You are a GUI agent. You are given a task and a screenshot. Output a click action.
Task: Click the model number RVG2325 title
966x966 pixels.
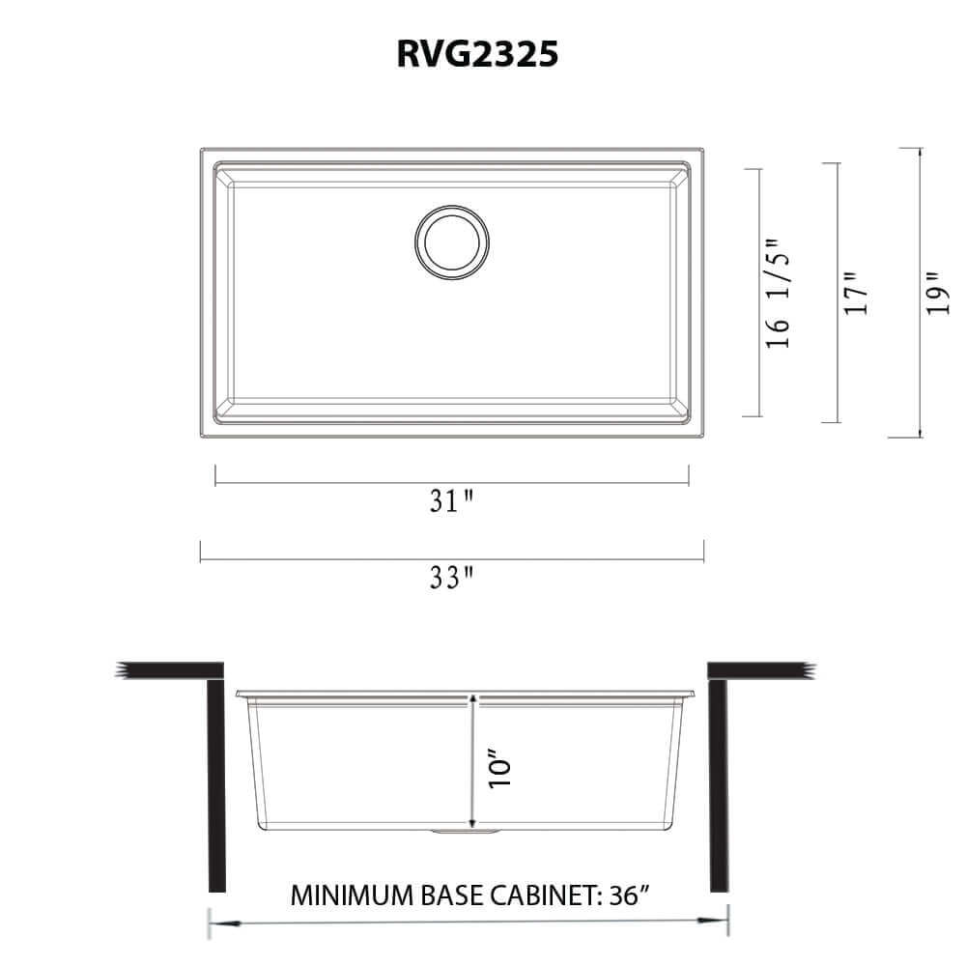tap(477, 55)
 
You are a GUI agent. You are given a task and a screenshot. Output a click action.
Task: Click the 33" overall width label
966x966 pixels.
tap(452, 578)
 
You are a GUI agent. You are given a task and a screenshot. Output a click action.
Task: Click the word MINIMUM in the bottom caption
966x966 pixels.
tap(344, 894)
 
